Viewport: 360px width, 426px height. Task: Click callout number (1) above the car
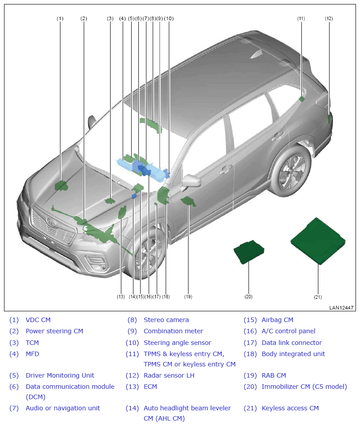tap(60, 18)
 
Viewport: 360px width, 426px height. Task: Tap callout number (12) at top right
tap(329, 18)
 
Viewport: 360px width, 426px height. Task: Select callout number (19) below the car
tap(188, 297)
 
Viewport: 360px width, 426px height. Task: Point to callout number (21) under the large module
tap(318, 297)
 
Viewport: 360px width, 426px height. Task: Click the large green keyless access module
tap(318, 241)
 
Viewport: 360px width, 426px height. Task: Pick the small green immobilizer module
tap(249, 252)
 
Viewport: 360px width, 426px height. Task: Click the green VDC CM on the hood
tap(61, 186)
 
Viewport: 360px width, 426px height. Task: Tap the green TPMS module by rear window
tap(301, 99)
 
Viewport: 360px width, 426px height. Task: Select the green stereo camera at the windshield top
tap(151, 125)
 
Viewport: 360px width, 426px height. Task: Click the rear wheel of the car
tap(292, 172)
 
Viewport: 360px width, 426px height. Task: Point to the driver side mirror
tap(191, 181)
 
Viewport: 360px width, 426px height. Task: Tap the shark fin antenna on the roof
tap(256, 54)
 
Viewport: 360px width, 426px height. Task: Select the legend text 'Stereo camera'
tap(166, 320)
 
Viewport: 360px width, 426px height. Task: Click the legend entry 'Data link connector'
tap(291, 343)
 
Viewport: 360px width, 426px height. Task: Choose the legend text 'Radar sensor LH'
tap(169, 375)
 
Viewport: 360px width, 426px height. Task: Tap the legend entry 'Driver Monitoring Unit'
tap(60, 375)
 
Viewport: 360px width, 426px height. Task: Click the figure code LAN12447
tap(341, 308)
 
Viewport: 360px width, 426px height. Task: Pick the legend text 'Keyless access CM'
tap(290, 408)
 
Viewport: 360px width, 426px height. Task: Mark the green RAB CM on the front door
tap(188, 202)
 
